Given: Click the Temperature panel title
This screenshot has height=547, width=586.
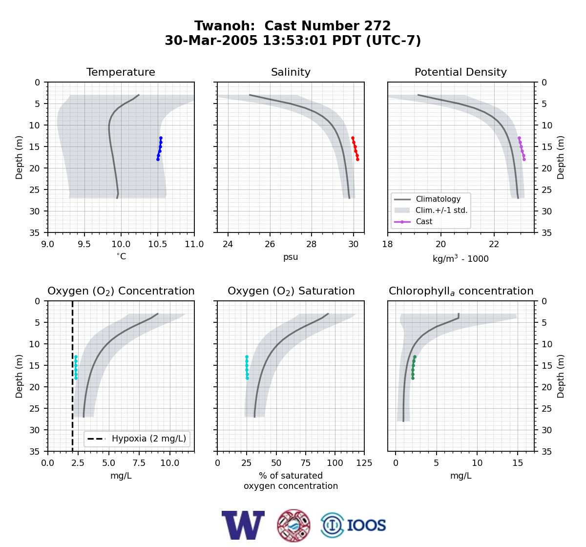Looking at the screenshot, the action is pyautogui.click(x=121, y=72).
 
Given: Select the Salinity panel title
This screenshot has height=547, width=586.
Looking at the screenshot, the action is pyautogui.click(x=291, y=72).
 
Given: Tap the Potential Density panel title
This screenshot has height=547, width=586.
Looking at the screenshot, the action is pyautogui.click(x=460, y=72).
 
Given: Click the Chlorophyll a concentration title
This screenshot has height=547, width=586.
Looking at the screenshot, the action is pyautogui.click(x=461, y=291).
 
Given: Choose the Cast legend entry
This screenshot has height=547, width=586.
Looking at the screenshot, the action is pyautogui.click(x=413, y=222).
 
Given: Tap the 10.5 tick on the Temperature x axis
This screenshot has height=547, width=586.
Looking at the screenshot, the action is pyautogui.click(x=158, y=244).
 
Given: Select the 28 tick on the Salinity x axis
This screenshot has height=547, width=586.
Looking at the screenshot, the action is pyautogui.click(x=311, y=244).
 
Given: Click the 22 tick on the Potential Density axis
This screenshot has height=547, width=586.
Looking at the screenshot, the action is pyautogui.click(x=494, y=244).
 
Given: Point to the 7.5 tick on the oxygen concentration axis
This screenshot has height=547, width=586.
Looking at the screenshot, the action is pyautogui.click(x=139, y=463).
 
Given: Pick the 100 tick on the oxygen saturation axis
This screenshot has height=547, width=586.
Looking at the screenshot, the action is pyautogui.click(x=335, y=463).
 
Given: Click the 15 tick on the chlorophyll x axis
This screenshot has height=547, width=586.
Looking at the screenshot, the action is pyautogui.click(x=518, y=463).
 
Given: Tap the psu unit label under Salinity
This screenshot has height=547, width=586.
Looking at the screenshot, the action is pyautogui.click(x=291, y=257).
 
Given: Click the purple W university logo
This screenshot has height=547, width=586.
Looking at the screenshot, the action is pyautogui.click(x=243, y=525).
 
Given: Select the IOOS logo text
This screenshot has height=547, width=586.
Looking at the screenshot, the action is pyautogui.click(x=366, y=526).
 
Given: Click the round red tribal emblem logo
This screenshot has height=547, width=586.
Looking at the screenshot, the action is pyautogui.click(x=293, y=526).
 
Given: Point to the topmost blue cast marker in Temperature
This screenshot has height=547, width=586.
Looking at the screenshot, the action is pyautogui.click(x=161, y=138).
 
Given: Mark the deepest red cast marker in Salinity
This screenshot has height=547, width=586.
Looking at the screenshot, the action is pyautogui.click(x=357, y=159).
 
